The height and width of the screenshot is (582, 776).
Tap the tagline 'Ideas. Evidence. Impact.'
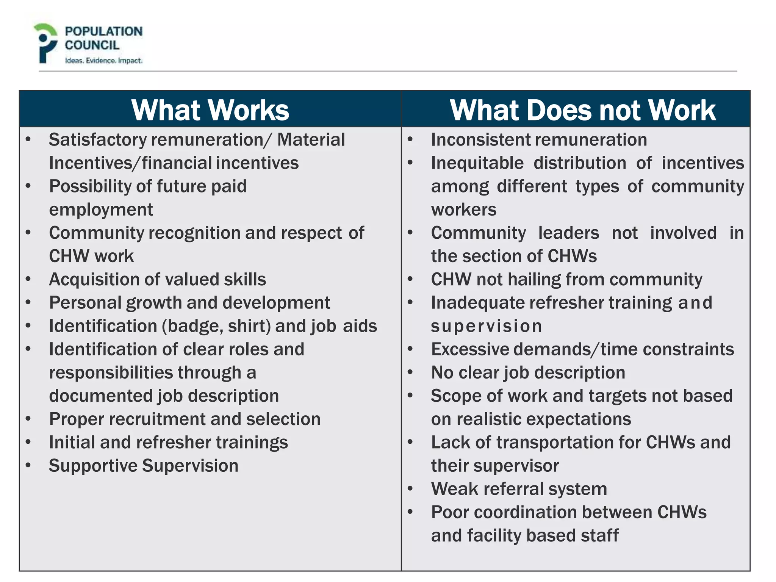[x=103, y=61]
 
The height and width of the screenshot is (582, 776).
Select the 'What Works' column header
[x=210, y=110]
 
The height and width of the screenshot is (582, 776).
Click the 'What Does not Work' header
[x=582, y=110]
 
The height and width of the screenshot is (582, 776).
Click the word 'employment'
[x=101, y=210]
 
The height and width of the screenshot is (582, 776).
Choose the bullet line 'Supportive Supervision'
[x=144, y=466]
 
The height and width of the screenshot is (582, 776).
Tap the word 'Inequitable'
[x=477, y=163]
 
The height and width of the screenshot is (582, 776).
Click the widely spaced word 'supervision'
[x=486, y=326]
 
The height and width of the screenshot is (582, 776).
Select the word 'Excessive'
[x=470, y=349]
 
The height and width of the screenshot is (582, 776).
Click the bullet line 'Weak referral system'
[x=519, y=489]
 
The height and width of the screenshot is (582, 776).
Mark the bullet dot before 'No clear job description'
[x=410, y=373]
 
